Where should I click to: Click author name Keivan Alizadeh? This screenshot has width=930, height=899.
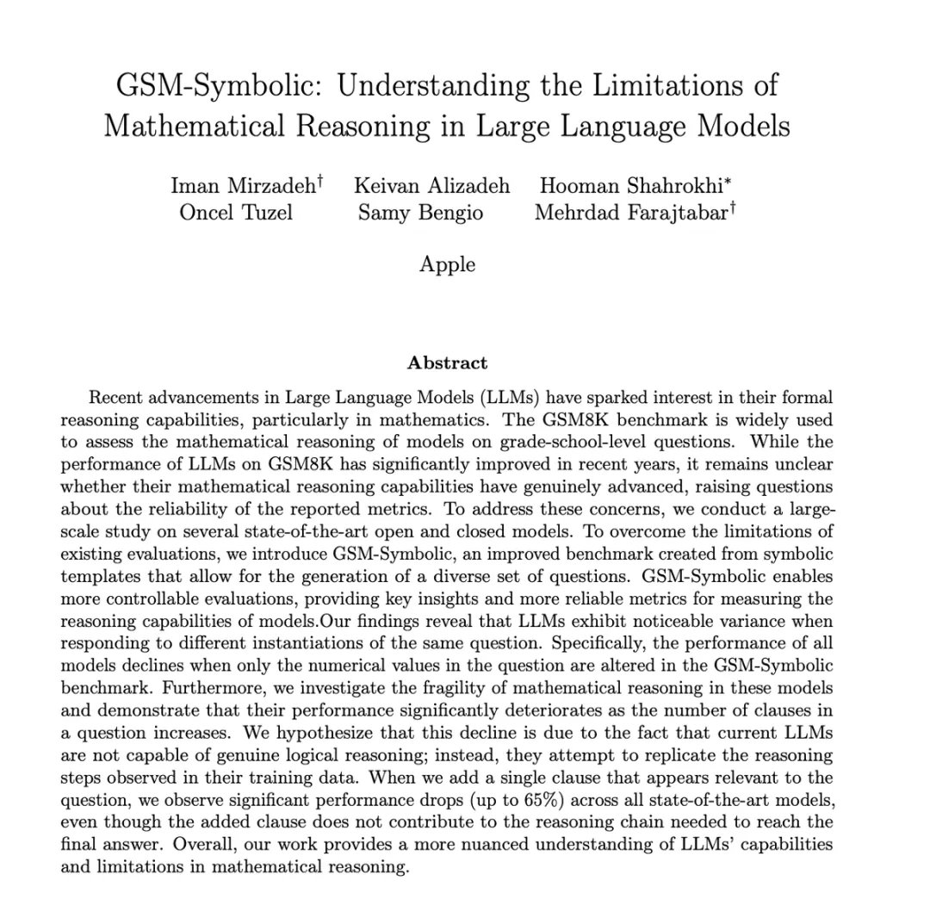click(431, 185)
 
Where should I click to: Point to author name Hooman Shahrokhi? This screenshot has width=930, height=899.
click(630, 185)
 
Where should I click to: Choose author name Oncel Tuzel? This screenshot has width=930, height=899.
click(235, 212)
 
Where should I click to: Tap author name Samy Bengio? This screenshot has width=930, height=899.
click(420, 212)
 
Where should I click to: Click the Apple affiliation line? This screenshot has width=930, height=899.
click(447, 263)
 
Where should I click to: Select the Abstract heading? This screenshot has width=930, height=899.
click(447, 363)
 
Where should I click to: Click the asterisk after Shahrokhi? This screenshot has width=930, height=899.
click(729, 181)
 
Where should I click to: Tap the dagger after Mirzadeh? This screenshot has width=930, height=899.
click(320, 181)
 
